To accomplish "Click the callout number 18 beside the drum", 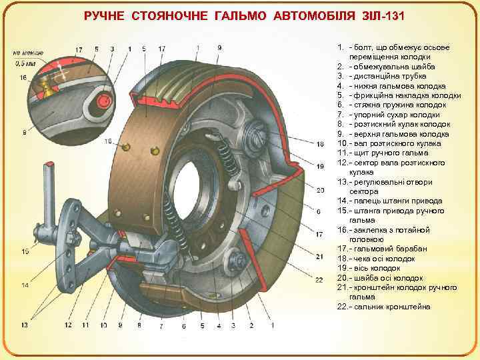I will (320, 144).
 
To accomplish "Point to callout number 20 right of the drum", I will (320, 190).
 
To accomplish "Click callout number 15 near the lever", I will (25, 251).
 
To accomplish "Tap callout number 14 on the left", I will (25, 285).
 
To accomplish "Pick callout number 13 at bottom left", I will (25, 325).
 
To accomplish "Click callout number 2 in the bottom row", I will (251, 325).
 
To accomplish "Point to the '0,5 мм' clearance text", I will (27, 64).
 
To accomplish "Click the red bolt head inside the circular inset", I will (104, 100).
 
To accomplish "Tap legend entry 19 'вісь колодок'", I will (379, 268).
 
